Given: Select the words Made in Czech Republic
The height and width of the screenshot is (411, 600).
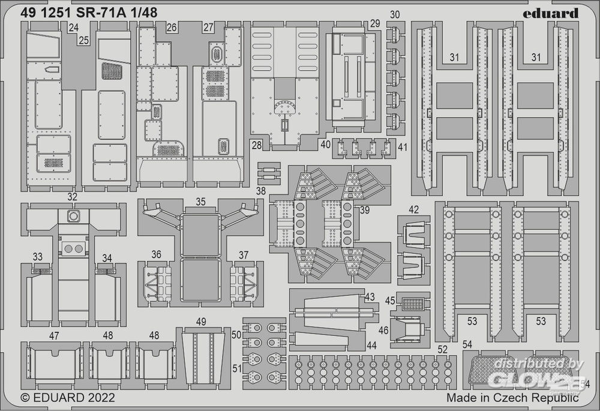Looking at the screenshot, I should click(512, 397).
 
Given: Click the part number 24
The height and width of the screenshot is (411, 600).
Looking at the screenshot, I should click(73, 28).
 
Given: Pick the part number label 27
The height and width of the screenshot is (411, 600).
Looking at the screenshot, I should click(208, 28).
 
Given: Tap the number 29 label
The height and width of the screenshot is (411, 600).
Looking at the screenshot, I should click(375, 24).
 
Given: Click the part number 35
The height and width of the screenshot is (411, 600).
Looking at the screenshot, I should click(200, 202).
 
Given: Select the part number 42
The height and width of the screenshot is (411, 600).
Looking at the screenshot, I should click(413, 209).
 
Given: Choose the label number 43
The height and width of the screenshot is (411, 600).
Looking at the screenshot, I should click(370, 297).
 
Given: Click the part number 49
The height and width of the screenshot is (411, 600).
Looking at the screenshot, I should click(201, 322).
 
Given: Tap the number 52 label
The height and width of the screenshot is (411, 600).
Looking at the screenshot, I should click(443, 350).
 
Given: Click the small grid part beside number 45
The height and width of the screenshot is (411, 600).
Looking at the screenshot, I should click(413, 304).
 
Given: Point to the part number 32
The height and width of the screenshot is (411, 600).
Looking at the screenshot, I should click(72, 196).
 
